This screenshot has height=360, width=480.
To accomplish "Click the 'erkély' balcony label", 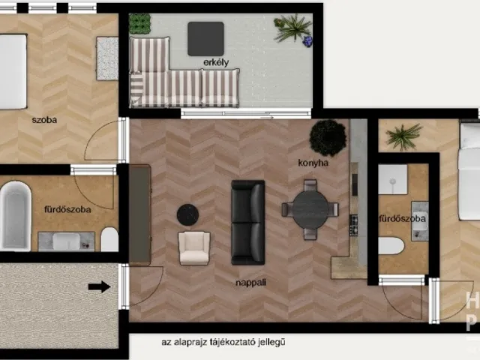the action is coord(216,62).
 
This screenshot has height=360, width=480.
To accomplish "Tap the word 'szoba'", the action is coord(44,120).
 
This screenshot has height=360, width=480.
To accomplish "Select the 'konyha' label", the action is coord(313,163).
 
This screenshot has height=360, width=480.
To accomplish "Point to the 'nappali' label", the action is coord(250,283).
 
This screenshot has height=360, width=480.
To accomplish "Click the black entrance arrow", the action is coord(100,286).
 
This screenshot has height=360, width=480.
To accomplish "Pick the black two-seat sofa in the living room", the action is coord(248,222).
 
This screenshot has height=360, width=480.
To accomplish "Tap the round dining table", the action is coord(310,210).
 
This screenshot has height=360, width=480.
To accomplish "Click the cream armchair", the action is coord(194,248).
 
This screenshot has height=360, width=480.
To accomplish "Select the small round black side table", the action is coord(187,215).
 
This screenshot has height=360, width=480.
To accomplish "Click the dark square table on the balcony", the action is coord(205,39).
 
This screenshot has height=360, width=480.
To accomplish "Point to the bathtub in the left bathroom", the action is coord(15,216).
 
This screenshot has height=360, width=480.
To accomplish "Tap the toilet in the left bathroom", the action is coord(109,239).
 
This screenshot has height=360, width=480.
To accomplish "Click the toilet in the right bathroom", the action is coord(391,246).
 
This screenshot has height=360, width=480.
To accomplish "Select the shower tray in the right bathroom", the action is coord(393,179).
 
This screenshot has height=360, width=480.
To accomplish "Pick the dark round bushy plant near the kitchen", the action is coord(328,138).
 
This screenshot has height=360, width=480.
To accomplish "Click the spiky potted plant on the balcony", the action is coord(292,29).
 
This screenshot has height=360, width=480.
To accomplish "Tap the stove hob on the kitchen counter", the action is coord(354,225).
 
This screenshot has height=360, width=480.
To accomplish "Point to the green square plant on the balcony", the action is coord(140,23).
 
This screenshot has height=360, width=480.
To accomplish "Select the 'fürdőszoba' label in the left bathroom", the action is coord(67,209).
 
